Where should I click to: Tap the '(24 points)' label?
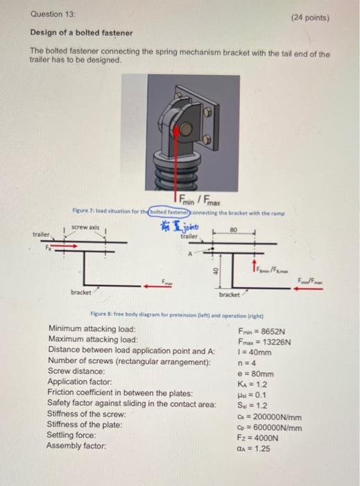(x=310, y=19)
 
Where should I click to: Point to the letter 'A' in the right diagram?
(x=187, y=254)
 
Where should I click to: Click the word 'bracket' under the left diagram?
(x=80, y=292)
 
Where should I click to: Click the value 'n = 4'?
(x=246, y=362)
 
